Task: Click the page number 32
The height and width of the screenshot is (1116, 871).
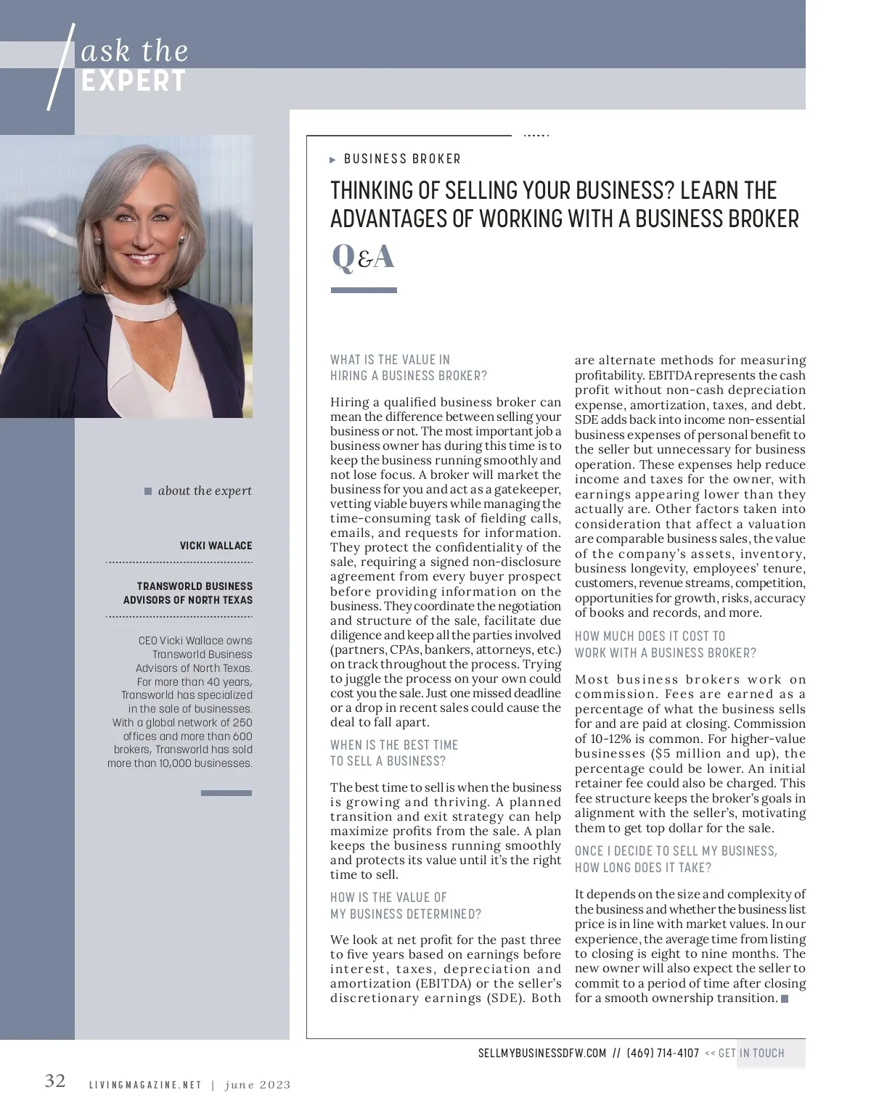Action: (55, 1081)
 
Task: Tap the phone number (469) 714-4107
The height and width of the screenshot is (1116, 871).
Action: (663, 1053)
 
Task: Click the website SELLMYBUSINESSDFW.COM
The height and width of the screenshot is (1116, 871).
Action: (542, 1053)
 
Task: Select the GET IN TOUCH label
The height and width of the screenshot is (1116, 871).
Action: (751, 1053)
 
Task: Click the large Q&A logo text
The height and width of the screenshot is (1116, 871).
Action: (363, 257)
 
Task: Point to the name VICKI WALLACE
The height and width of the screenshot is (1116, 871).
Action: (216, 546)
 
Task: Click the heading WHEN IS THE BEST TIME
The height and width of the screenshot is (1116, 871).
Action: (394, 745)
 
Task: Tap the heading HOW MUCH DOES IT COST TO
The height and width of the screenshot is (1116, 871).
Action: (650, 636)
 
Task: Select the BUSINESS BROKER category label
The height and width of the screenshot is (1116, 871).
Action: (402, 159)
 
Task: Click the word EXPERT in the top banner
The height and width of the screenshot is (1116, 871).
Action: (134, 81)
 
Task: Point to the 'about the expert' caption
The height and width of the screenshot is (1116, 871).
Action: (205, 491)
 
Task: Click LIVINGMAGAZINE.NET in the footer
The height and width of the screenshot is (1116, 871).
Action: (144, 1086)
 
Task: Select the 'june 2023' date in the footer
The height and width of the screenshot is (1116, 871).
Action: (258, 1086)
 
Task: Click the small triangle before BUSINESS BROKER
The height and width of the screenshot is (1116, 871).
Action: (333, 160)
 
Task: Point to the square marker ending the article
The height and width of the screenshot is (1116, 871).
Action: (784, 999)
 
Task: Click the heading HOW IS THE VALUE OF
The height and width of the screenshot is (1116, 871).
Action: (388, 898)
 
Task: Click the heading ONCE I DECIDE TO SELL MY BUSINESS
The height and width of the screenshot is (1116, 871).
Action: (676, 851)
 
